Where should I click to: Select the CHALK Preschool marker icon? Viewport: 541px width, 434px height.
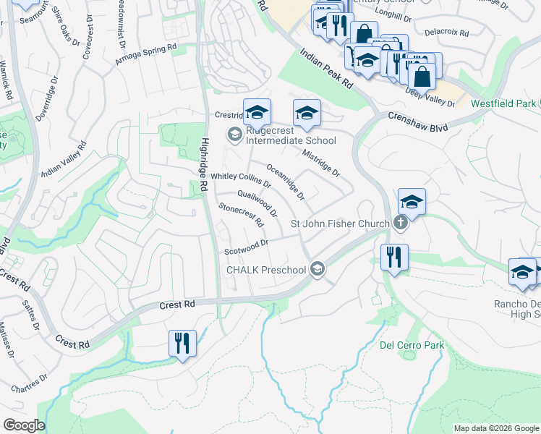pyautogui.click(x=317, y=270)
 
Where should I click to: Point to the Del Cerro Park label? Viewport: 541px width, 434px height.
pyautogui.click(x=412, y=345)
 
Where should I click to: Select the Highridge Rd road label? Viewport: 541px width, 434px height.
pyautogui.click(x=205, y=164)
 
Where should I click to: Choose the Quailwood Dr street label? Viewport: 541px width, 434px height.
pyautogui.click(x=257, y=203)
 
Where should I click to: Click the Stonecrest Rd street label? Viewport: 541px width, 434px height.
pyautogui.click(x=241, y=216)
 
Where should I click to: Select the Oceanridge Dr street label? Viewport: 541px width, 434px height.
pyautogui.click(x=286, y=182)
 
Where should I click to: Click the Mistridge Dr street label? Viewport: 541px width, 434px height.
pyautogui.click(x=321, y=163)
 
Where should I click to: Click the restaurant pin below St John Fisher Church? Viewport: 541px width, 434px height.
pyautogui.click(x=394, y=256)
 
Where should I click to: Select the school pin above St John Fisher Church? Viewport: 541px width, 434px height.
pyautogui.click(x=412, y=201)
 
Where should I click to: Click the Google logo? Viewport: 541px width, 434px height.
pyautogui.click(x=24, y=425)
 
